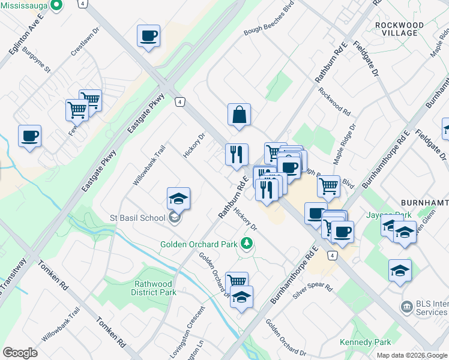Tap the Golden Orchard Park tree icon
point(246,243)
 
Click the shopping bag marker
point(239,114)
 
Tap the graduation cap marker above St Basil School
point(178,198)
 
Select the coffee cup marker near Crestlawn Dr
point(148,36)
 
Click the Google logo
point(20,353)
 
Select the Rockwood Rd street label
point(334,101)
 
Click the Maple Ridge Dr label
point(345,145)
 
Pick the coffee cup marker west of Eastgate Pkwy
point(29,136)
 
